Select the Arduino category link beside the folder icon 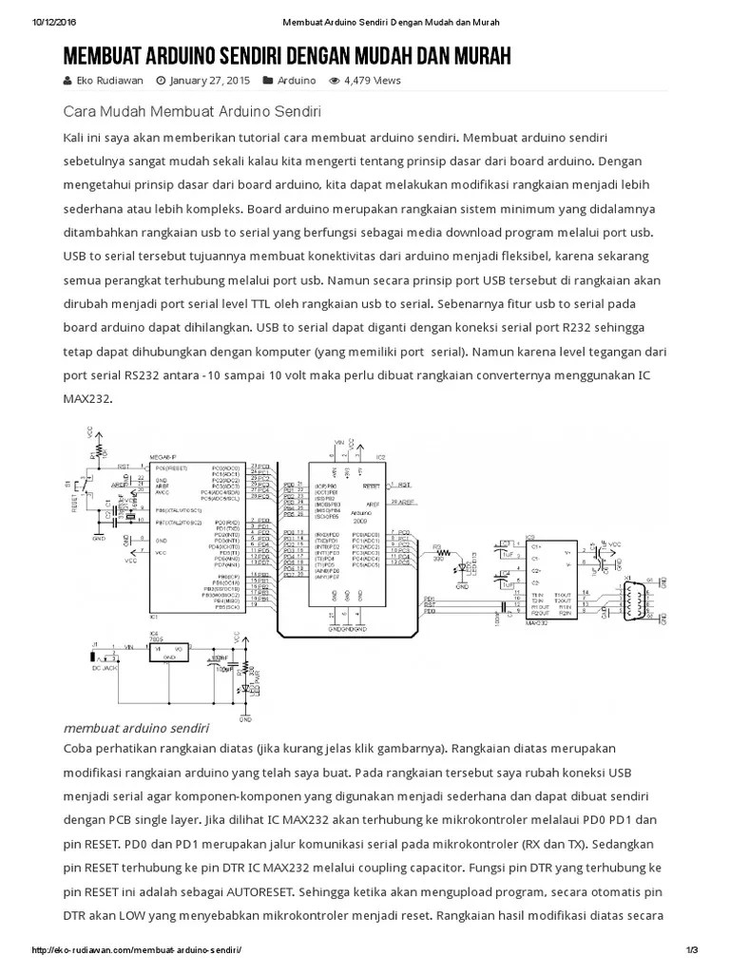[x=297, y=81]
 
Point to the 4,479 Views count [x=373, y=81]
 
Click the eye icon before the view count [x=334, y=81]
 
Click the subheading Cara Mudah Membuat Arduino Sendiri [x=193, y=110]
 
